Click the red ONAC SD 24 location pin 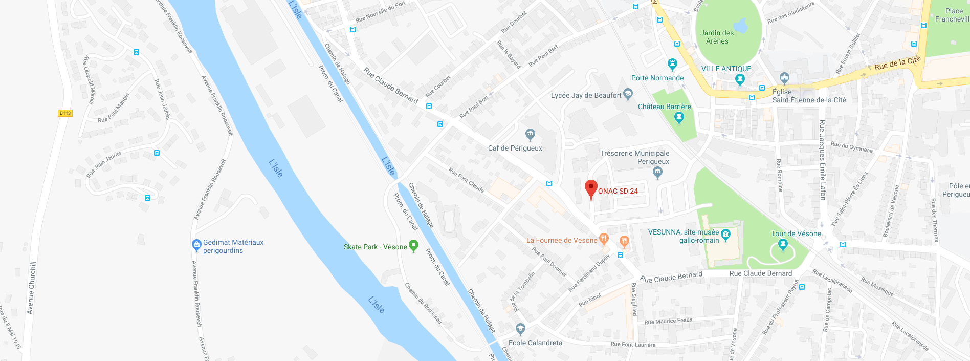[591, 188]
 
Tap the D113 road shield [65, 113]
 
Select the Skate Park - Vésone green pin [414, 246]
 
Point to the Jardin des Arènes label [717, 37]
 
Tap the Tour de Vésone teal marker [782, 244]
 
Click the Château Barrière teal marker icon [679, 117]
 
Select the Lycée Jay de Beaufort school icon [628, 94]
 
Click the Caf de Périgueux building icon [530, 135]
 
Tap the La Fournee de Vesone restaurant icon [604, 239]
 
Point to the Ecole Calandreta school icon [520, 328]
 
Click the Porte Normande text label [657, 78]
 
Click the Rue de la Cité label [897, 63]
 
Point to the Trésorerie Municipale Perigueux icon [658, 173]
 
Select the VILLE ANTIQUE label [726, 69]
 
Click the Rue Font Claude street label [466, 179]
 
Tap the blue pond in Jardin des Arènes [740, 25]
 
